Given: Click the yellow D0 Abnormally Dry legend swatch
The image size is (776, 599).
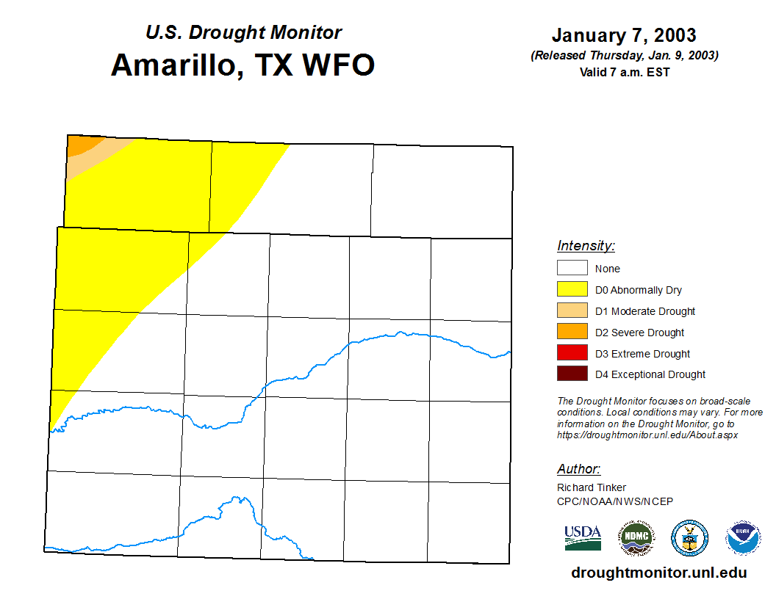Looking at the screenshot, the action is tap(572, 289).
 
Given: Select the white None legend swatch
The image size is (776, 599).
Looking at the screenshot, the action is tap(572, 268).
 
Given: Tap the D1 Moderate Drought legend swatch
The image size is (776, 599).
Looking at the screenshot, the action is tap(572, 311).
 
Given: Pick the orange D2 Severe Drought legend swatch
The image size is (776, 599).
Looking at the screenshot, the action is tap(572, 331).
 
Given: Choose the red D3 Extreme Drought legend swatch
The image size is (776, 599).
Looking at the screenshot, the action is tap(572, 352).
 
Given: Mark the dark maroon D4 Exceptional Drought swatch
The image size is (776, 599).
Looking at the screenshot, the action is tap(572, 373).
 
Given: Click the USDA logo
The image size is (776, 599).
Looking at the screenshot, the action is tap(583, 538).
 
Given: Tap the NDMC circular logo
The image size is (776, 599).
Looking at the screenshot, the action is tap(636, 538).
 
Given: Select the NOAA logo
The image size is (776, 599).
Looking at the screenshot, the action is tap(743, 538).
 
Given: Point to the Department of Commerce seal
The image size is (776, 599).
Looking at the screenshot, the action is tap(689, 538).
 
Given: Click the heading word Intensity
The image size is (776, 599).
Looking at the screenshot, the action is tap(586, 246).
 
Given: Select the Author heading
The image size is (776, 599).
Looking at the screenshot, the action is tap(578, 468).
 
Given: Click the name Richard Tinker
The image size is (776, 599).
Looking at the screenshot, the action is tap(592, 487).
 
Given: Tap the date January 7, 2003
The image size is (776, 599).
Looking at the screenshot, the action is tap(624, 35).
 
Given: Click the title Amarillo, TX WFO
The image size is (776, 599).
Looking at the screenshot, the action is tap(243, 65).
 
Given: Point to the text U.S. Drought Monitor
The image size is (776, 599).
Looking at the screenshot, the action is tap(243, 32).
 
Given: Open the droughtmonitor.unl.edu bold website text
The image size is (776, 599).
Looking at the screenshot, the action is tap(659, 573).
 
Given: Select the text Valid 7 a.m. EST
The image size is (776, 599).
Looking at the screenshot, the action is tap(625, 72).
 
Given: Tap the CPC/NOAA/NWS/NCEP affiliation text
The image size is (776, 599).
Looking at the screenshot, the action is tap(614, 501).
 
